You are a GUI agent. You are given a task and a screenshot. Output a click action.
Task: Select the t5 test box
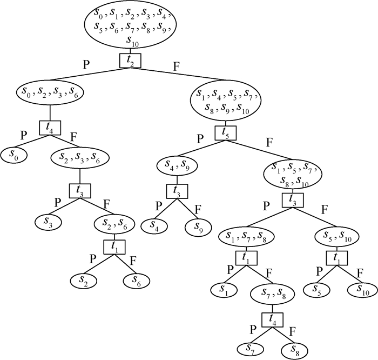(225, 132)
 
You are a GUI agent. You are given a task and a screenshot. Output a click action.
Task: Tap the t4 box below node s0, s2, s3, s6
(50, 128)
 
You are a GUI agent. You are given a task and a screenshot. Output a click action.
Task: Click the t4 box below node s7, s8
(273, 319)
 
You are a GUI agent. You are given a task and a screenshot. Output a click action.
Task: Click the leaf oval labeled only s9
(198, 226)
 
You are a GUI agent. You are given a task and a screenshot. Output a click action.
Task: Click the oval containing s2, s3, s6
(80, 158)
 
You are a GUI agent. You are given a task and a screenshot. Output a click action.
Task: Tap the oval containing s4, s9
(174, 164)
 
